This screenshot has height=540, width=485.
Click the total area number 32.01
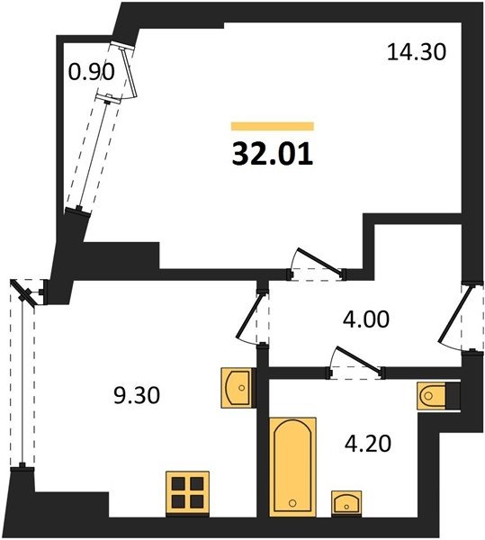(x=273, y=154)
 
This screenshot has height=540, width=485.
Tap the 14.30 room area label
(x=417, y=53)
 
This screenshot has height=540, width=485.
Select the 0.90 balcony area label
(x=91, y=73)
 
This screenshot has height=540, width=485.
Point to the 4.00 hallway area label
(x=366, y=319)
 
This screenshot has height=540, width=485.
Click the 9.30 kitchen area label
(x=137, y=395)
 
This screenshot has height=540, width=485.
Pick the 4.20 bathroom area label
(x=368, y=443)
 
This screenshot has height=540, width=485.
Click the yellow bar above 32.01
(x=273, y=126)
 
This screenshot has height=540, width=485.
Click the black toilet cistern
(x=453, y=396)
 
